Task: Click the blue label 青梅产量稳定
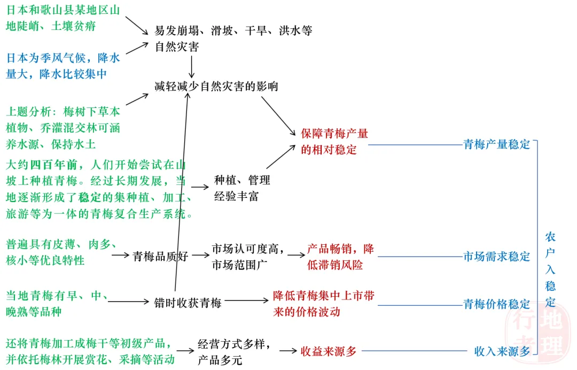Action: tap(496, 144)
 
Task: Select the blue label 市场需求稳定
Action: tap(496, 257)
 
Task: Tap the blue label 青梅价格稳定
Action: tap(496, 304)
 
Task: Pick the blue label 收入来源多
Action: tap(502, 351)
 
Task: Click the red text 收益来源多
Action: tap(328, 351)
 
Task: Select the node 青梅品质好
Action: tap(160, 256)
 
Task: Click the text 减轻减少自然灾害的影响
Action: tap(216, 86)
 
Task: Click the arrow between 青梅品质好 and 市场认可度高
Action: tap(200, 256)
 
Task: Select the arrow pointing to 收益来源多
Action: tap(287, 351)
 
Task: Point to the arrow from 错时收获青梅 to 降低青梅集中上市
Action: tap(245, 302)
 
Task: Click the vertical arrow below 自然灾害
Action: tap(191, 65)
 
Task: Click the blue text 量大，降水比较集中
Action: tap(56, 74)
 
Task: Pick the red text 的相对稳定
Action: tap(328, 150)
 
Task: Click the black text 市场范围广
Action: tap(240, 264)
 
